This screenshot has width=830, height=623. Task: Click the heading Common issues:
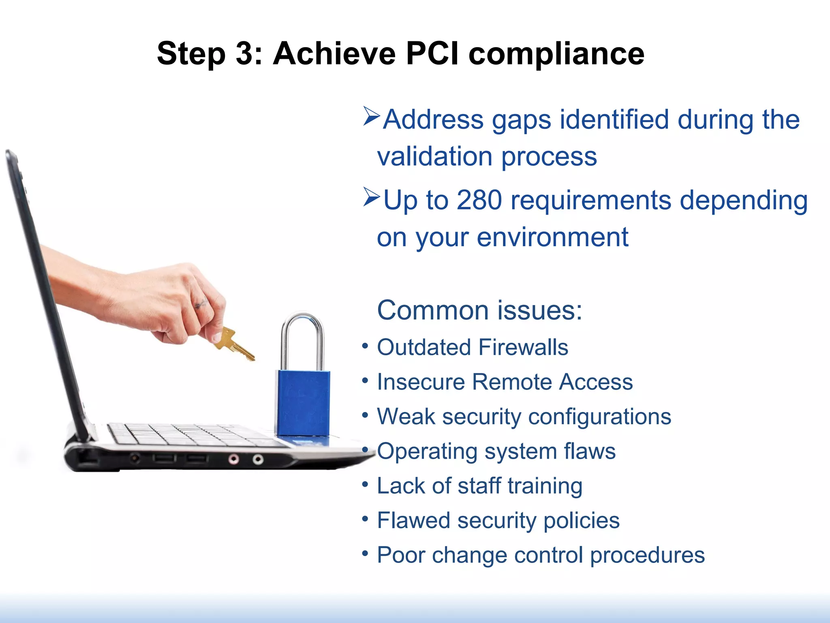coord(479,310)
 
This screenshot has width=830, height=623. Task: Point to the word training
coord(545,486)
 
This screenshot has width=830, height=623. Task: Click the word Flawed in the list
coord(414,520)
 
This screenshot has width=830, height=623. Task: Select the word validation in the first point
coord(435,157)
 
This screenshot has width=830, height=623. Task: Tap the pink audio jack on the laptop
coord(233,459)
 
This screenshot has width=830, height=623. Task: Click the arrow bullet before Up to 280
coord(371,197)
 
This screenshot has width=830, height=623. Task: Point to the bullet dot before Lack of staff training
coord(365,484)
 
